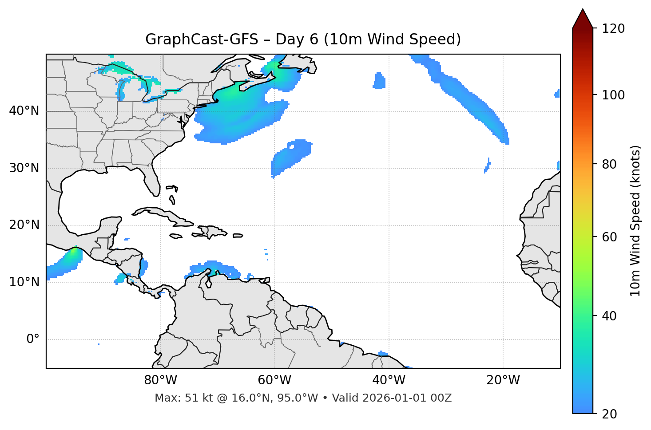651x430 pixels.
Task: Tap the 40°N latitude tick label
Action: pyautogui.click(x=24, y=111)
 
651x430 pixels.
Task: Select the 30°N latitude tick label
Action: pyautogui.click(x=24, y=168)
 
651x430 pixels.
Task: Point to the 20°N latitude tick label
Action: pyautogui.click(x=24, y=225)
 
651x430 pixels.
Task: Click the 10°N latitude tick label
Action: pyautogui.click(x=24, y=282)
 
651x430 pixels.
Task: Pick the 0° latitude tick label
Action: pyautogui.click(x=33, y=339)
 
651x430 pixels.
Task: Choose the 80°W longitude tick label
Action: pyautogui.click(x=160, y=380)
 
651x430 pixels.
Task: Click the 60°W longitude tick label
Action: pyautogui.click(x=274, y=380)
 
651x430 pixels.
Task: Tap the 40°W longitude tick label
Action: pyautogui.click(x=389, y=380)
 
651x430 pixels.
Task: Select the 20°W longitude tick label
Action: pyautogui.click(x=503, y=380)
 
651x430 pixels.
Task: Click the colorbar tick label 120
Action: pyautogui.click(x=613, y=29)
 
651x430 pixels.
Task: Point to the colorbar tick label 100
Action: pyautogui.click(x=613, y=95)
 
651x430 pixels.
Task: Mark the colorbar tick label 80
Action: pyautogui.click(x=609, y=164)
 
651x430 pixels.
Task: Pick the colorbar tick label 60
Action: pyautogui.click(x=609, y=237)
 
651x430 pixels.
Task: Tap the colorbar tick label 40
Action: pyautogui.click(x=609, y=316)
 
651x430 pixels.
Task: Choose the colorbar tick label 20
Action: pyautogui.click(x=609, y=414)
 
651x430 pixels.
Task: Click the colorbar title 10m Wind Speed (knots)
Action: pyautogui.click(x=635, y=221)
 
